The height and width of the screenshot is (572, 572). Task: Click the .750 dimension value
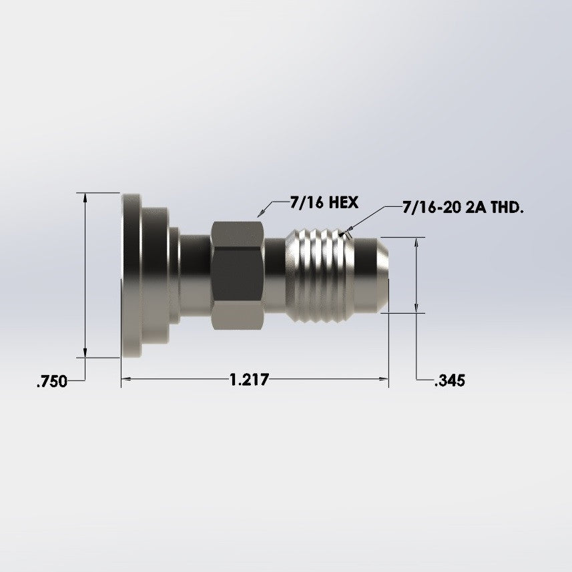pos(51,382)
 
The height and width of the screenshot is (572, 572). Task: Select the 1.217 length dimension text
pos(248,380)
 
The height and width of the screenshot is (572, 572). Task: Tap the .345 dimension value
pos(449,381)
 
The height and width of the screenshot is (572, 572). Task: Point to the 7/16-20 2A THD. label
pos(463,208)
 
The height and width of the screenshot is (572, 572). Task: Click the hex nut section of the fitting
pos(238,275)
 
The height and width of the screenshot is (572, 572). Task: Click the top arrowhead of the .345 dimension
pos(417,242)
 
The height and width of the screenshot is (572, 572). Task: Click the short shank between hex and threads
pos(275,275)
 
